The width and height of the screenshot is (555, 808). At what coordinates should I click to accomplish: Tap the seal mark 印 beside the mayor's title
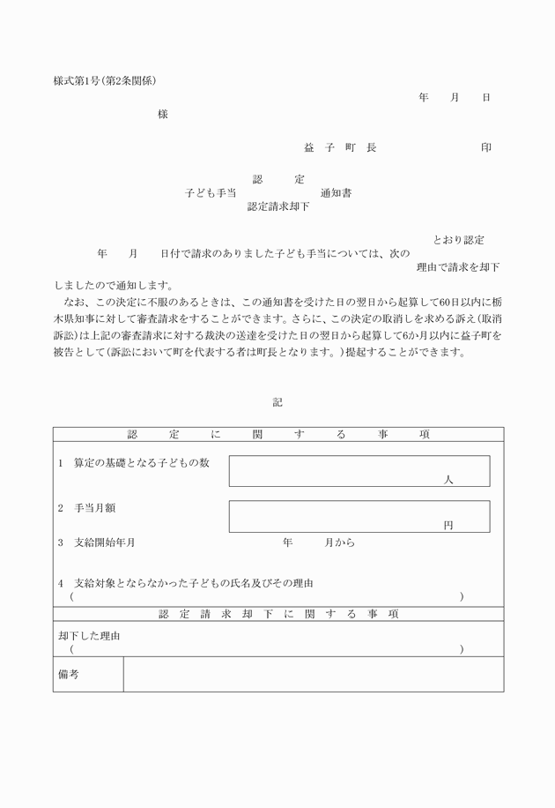click(x=486, y=147)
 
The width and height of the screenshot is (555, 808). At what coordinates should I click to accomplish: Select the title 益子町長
click(x=340, y=147)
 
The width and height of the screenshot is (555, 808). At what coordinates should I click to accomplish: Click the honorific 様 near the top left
click(x=163, y=114)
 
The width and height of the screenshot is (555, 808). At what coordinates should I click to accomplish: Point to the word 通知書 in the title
click(x=337, y=192)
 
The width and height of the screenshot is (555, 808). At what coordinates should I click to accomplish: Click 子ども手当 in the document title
click(x=211, y=192)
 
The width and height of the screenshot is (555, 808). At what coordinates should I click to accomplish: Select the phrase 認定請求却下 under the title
click(x=278, y=206)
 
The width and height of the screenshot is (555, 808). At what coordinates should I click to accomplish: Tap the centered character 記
click(x=277, y=401)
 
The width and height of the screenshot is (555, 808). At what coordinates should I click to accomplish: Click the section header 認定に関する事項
click(x=277, y=434)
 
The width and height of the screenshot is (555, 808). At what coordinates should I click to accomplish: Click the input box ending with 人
click(x=359, y=471)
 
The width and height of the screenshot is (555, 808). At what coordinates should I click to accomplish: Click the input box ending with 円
click(x=359, y=516)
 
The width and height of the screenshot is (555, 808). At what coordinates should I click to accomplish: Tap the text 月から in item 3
click(x=340, y=542)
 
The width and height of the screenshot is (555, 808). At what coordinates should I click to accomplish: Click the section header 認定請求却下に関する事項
click(x=277, y=614)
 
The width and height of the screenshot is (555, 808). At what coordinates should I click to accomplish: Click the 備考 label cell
click(x=87, y=674)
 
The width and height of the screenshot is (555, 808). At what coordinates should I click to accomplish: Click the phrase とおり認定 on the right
click(x=458, y=240)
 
